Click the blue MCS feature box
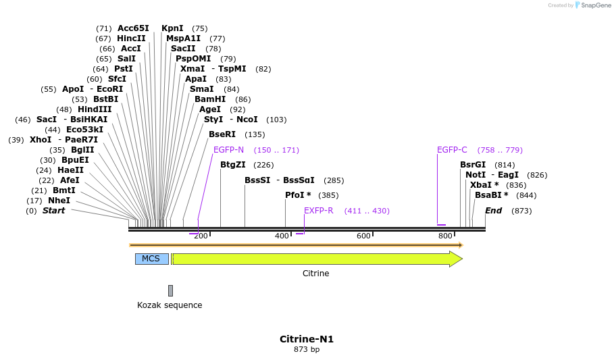151,259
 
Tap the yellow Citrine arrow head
456,259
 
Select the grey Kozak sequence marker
170,290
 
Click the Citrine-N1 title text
307,339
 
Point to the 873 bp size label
307,350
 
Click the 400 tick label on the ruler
282,236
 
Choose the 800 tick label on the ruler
445,236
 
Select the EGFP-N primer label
228,150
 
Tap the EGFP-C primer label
452,150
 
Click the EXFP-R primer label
319,211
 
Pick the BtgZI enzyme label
233,165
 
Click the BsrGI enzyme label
473,165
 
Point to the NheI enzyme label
59,201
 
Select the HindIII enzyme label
95,109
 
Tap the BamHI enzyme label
210,99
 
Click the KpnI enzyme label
172,28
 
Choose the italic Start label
54,211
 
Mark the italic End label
493,211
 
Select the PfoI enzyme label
295,195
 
